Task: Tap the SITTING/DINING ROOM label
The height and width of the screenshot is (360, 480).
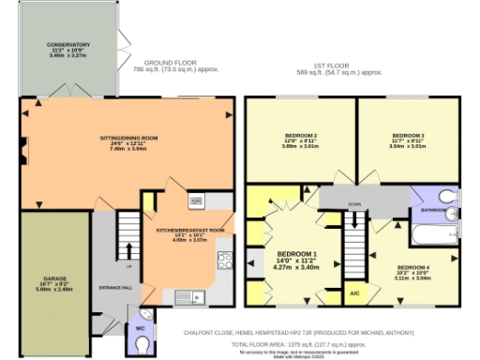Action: (123, 137)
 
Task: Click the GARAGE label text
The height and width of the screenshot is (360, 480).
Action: (54, 278)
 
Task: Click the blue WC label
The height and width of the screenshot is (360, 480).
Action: (140, 328)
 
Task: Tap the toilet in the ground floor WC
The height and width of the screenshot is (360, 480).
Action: (142, 345)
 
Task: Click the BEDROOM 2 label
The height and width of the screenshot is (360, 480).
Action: (301, 137)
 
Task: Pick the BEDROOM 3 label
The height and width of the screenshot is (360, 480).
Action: (408, 137)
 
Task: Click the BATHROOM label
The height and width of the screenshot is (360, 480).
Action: (431, 210)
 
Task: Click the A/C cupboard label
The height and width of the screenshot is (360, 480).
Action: (354, 295)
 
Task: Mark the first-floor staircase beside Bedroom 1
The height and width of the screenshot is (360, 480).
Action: (353, 246)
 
